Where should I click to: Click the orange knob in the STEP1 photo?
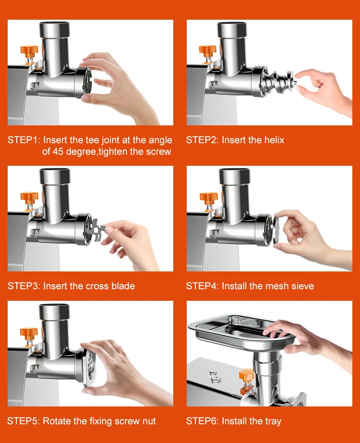click(x=29, y=51)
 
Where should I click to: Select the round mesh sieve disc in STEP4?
click(x=277, y=229)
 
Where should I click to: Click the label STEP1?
click(x=24, y=140)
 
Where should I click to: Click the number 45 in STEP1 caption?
click(x=58, y=152)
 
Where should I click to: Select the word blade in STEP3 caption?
click(x=123, y=286)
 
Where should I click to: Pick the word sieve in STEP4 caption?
click(x=302, y=286)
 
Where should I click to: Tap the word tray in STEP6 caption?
click(x=273, y=421)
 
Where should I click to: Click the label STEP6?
click(x=202, y=421)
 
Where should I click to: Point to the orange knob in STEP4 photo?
click(x=209, y=197)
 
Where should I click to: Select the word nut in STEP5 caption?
click(x=149, y=421)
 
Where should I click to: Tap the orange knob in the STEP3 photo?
click(x=29, y=197)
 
